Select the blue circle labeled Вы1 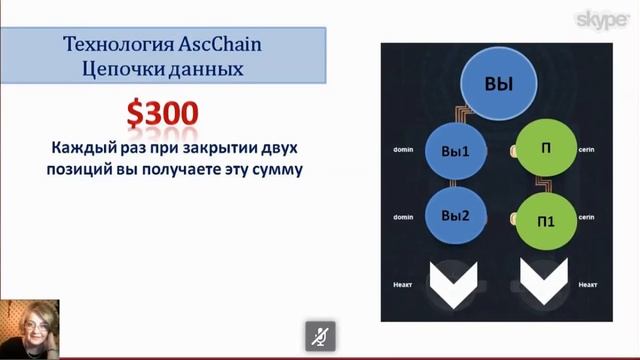[455, 152]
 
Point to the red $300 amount [161, 112]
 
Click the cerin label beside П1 [588, 216]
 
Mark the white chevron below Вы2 [455, 281]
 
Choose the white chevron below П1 [544, 281]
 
